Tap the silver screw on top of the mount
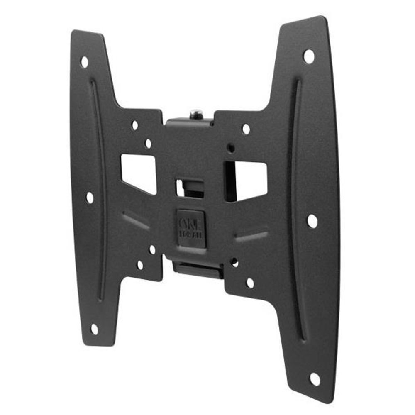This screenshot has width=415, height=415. pos(195,113)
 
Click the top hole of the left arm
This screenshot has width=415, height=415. pos(84,62)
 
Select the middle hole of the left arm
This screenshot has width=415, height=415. pos(90,198)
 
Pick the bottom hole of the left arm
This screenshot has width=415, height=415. pos(95,329)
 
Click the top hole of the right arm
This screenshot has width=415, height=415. pos(309,56)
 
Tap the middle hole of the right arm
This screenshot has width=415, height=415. pos(312,221)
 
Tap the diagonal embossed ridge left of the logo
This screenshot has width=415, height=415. pos(136,220)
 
